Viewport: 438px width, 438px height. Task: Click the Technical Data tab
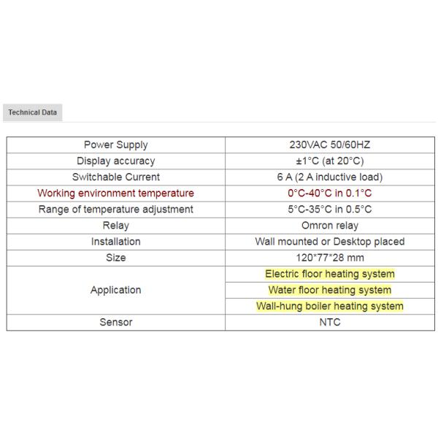click(x=32, y=112)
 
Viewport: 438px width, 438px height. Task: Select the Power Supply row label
click(x=115, y=145)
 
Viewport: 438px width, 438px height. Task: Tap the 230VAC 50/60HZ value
click(x=329, y=145)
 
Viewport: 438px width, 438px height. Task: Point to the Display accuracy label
click(x=115, y=161)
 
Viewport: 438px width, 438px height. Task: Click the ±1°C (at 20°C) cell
click(x=329, y=161)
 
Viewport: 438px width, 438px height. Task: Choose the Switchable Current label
click(x=115, y=177)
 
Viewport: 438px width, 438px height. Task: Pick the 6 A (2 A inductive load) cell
click(x=329, y=177)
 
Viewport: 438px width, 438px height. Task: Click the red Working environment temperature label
click(x=115, y=193)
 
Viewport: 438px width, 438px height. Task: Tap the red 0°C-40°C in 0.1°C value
click(x=329, y=193)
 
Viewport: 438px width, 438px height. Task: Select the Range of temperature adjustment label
click(x=115, y=210)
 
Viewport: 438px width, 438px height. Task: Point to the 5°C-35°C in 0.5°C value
click(x=329, y=210)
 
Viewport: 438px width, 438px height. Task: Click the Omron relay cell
click(x=329, y=226)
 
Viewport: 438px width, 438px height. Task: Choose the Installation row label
click(x=115, y=242)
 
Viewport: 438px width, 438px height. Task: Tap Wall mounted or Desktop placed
click(x=329, y=242)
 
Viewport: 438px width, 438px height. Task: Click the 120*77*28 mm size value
click(x=329, y=258)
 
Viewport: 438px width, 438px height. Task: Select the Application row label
click(x=115, y=290)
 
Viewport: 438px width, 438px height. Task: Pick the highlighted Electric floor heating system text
click(x=329, y=274)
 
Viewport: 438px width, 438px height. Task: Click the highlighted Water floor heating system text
click(x=329, y=290)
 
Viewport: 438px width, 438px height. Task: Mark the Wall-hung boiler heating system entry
click(x=329, y=306)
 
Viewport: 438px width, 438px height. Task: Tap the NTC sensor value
click(x=329, y=322)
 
